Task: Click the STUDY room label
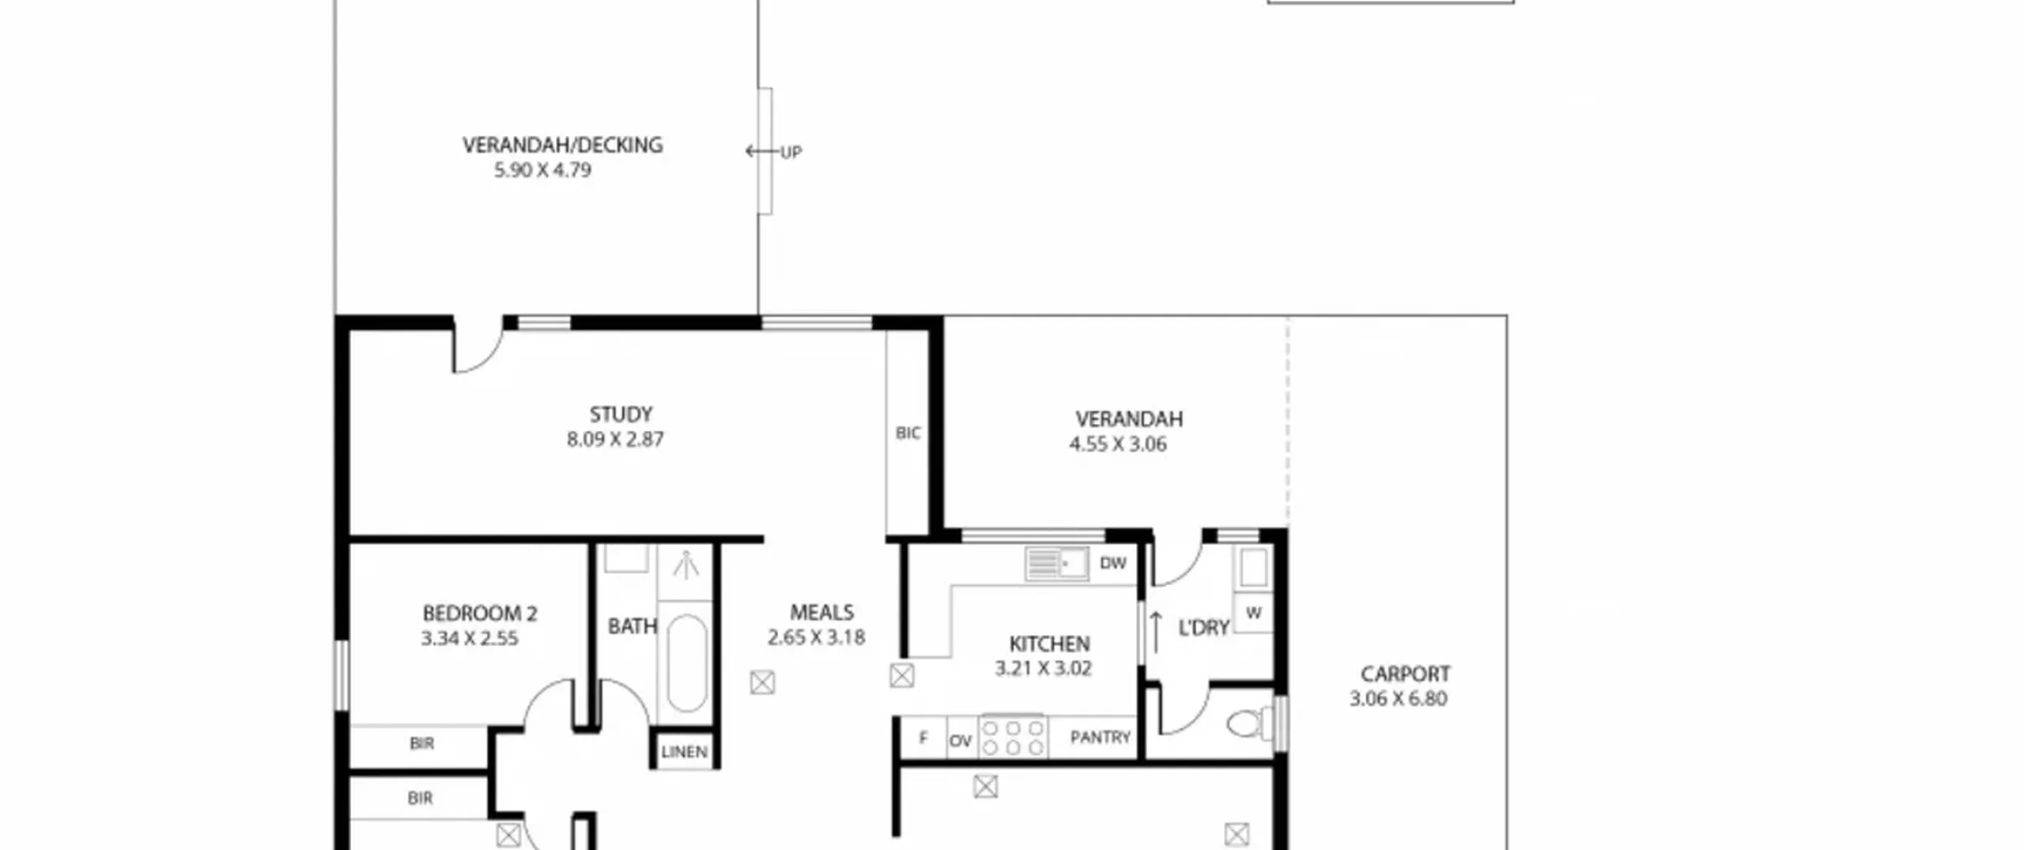621,414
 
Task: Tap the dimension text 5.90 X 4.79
542,170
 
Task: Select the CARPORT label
1405,674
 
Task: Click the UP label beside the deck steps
791,152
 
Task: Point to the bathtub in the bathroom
686,663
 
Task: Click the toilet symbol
1249,723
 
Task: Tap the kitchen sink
1057,564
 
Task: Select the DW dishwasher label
1112,563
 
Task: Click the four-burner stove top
1014,737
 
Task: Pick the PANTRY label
1100,737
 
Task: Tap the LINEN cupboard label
684,751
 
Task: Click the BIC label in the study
908,433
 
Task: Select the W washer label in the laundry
1253,613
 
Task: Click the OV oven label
960,741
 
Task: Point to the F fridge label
923,738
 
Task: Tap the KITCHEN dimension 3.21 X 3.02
1043,668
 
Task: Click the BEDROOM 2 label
480,613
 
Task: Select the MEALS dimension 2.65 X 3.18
816,637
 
